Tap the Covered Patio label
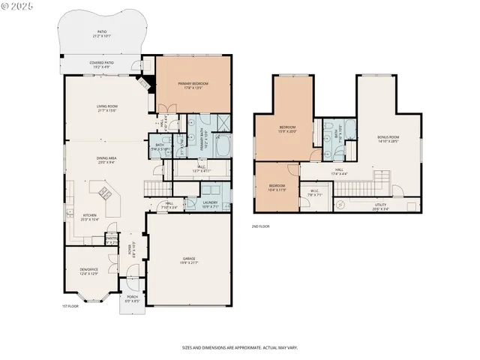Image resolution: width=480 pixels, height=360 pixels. pyautogui.click(x=101, y=63)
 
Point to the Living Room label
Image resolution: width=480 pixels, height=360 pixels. pyautogui.click(x=107, y=106)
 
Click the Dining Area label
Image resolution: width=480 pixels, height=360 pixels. pyautogui.click(x=106, y=158)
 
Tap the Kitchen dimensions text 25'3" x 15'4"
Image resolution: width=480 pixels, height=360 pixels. pyautogui.click(x=90, y=220)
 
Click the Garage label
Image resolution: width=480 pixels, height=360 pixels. pyautogui.click(x=189, y=258)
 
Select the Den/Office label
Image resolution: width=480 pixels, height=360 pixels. pyautogui.click(x=89, y=270)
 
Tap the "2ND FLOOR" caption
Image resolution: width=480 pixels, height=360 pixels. pyautogui.click(x=261, y=225)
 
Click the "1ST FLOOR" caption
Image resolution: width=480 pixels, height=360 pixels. pyautogui.click(x=70, y=306)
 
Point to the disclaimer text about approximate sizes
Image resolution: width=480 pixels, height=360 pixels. pyautogui.click(x=239, y=347)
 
